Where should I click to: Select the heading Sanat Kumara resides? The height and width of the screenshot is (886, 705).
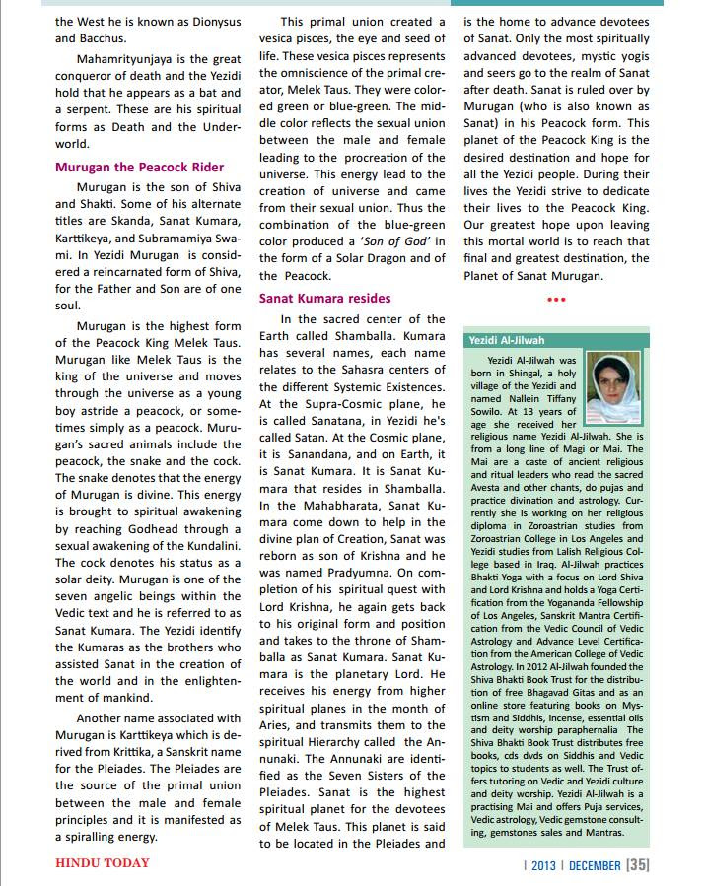pos(324,297)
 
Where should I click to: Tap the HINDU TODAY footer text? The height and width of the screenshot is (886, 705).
pos(102,862)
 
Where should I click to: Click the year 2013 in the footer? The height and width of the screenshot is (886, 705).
pos(542,863)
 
